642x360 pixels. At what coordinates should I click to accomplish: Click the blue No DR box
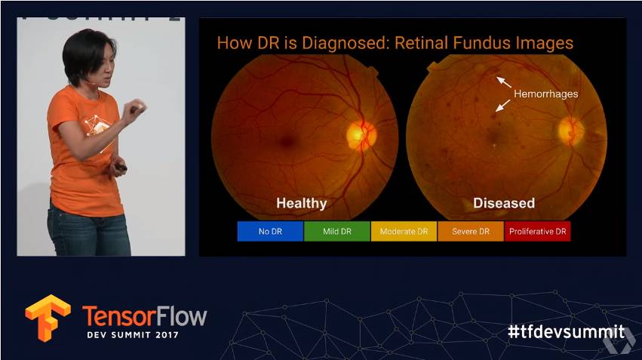pyautogui.click(x=270, y=232)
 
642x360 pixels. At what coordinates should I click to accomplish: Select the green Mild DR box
pyautogui.click(x=337, y=232)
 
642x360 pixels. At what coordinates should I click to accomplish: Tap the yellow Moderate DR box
pyautogui.click(x=404, y=232)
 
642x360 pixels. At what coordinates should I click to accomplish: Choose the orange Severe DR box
pyautogui.click(x=471, y=232)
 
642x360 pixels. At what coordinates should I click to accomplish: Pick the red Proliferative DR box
pyautogui.click(x=538, y=232)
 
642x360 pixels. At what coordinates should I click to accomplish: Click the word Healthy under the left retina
pyautogui.click(x=301, y=203)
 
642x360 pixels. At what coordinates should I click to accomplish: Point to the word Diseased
pyautogui.click(x=504, y=203)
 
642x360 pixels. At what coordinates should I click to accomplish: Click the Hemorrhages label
pyautogui.click(x=545, y=94)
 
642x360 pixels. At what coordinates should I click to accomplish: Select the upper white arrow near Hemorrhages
pyautogui.click(x=504, y=82)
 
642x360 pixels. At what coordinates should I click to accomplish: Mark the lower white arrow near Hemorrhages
pyautogui.click(x=502, y=106)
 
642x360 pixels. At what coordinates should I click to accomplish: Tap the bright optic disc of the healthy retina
pyautogui.click(x=361, y=134)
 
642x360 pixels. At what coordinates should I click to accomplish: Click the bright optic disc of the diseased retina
pyautogui.click(x=571, y=131)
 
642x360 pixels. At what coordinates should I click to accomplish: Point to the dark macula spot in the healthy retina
pyautogui.click(x=287, y=142)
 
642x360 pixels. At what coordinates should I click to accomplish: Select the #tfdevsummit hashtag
pyautogui.click(x=567, y=331)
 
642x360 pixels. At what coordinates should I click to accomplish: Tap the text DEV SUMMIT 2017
pyautogui.click(x=133, y=335)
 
